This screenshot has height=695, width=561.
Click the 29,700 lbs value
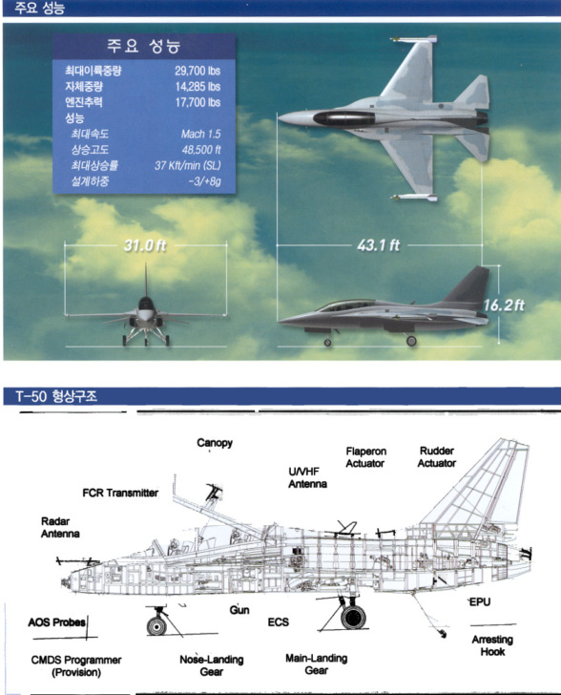197,71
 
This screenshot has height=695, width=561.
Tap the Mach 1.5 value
200,134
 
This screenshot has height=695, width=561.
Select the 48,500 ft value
201,149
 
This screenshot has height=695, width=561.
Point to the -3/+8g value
204,181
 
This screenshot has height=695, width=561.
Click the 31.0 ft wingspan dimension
145,245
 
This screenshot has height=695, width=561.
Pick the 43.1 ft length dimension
378,245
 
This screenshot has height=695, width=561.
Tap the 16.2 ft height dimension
504,305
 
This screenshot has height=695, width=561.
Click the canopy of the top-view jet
343,118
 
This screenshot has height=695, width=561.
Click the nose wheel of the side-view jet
327,342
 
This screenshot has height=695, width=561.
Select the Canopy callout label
215,443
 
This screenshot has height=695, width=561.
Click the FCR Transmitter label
120,493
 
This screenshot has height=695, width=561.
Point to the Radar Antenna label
60,527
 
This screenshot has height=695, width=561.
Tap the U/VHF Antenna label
307,477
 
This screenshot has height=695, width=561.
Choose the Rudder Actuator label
436,457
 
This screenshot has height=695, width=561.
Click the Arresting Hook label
492,645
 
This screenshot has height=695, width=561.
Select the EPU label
480,601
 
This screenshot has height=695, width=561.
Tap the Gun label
239,610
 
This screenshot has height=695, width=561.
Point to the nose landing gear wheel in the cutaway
156,626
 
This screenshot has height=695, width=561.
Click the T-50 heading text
56,396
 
